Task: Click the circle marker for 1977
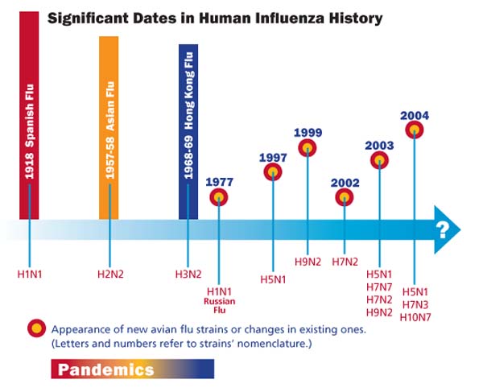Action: [x=218, y=196]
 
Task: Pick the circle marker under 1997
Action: [x=274, y=171]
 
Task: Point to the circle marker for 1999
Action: [x=308, y=147]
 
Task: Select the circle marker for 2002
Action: [x=345, y=197]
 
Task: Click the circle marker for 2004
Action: [x=414, y=129]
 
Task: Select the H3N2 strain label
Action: [x=188, y=274]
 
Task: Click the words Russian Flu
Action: [x=218, y=307]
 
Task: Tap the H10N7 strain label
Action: [x=416, y=316]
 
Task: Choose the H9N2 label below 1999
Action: [x=308, y=262]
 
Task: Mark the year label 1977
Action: [x=218, y=181]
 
